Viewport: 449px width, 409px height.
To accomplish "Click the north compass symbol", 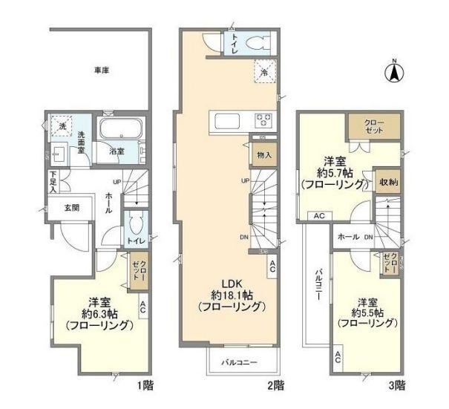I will (x=396, y=72).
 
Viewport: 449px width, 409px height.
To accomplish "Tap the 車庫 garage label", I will (x=102, y=71).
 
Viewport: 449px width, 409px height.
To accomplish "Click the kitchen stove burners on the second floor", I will (x=264, y=120).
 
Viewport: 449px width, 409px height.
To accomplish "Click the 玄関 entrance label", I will (x=71, y=209).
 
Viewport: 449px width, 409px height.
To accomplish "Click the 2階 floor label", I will (x=275, y=385).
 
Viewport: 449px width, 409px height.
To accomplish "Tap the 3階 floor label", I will (x=396, y=385).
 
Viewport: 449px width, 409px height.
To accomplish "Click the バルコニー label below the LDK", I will (x=239, y=363).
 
